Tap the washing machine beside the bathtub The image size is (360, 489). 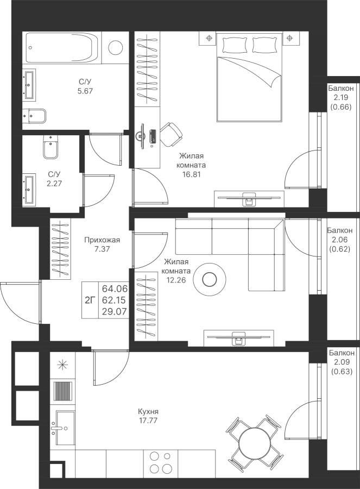(x=116, y=48)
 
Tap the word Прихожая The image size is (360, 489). (x=102, y=240)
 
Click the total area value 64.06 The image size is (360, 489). (x=115, y=288)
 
